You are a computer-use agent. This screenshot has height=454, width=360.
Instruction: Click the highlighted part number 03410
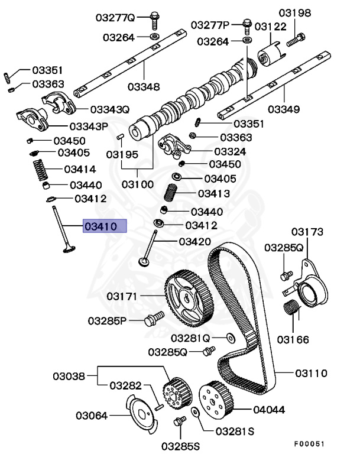pyautogui.click(x=104, y=226)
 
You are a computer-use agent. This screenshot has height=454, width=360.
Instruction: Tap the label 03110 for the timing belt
pyautogui.click(x=311, y=373)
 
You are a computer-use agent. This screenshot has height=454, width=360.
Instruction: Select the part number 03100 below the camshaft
pyautogui.click(x=138, y=184)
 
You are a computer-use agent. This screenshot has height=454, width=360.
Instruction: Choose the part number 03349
pyautogui.click(x=283, y=109)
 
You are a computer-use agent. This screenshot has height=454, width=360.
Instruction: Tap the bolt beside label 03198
pyautogui.click(x=295, y=41)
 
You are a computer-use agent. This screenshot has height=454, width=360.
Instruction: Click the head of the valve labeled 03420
pyautogui.click(x=145, y=261)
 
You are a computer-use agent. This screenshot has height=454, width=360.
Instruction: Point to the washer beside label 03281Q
pyautogui.click(x=230, y=338)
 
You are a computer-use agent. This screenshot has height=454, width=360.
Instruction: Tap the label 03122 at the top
pyautogui.click(x=270, y=26)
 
